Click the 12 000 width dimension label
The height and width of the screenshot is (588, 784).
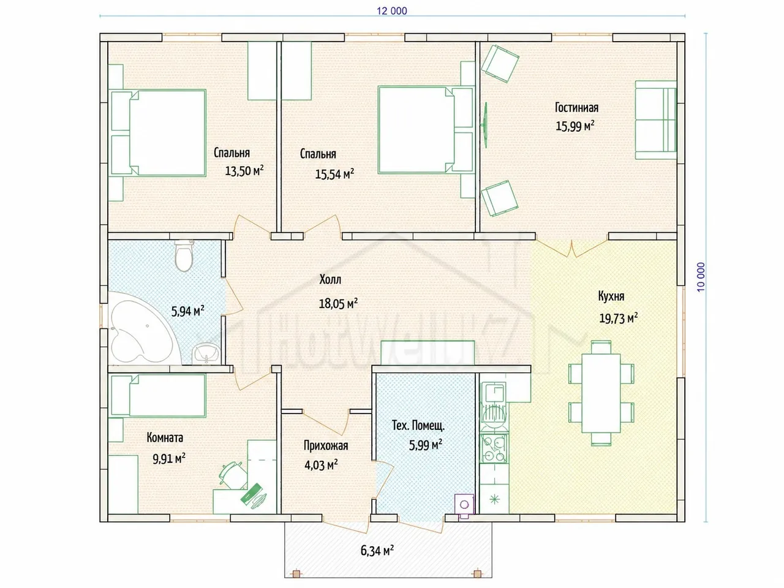[392, 11]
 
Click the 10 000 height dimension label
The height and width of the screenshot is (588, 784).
[701, 277]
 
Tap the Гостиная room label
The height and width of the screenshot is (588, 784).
[576, 107]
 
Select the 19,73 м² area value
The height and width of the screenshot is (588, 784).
[618, 318]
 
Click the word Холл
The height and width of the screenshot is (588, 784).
[330, 279]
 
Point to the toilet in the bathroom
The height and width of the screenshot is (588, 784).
[184, 255]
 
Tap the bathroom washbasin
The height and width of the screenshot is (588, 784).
[206, 354]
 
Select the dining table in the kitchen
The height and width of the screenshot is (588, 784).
[601, 393]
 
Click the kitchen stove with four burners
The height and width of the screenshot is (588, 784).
[494, 449]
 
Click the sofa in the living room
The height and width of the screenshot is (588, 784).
[656, 120]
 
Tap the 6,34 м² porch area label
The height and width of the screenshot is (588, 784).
[377, 551]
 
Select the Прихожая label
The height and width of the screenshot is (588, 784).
[326, 445]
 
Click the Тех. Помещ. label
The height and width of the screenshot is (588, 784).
[418, 426]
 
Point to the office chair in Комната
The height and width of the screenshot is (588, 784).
[233, 475]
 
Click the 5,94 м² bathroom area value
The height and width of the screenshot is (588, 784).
[188, 311]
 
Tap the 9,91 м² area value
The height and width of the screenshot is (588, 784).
[169, 459]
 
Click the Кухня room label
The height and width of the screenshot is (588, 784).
[611, 296]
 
